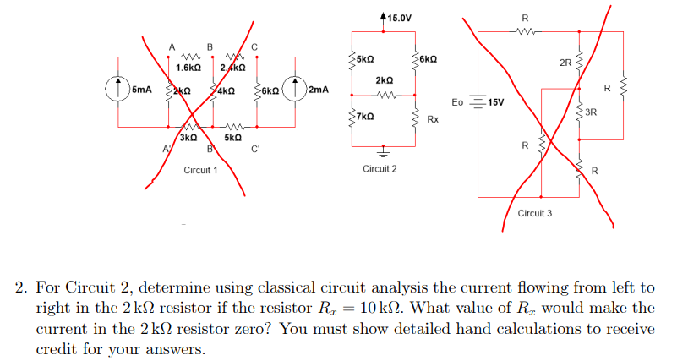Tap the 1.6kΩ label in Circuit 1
pos(188,67)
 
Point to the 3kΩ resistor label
pos(188,137)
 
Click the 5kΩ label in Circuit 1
pos(232,137)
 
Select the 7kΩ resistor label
pos(365,115)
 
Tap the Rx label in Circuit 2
pos(433,120)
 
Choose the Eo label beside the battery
pos(458,102)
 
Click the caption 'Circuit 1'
pos(200,170)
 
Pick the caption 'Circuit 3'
pos(534,213)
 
